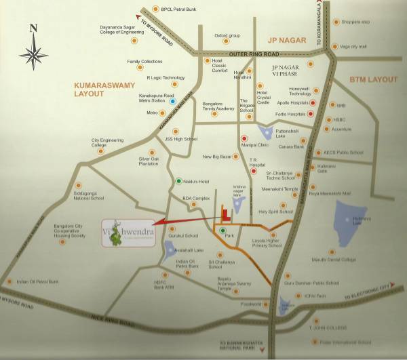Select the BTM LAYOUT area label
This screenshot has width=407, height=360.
pyautogui.click(x=373, y=79)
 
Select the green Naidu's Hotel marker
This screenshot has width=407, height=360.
pyautogui.click(x=178, y=182)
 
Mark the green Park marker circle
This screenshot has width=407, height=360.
pyautogui.click(x=222, y=231)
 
